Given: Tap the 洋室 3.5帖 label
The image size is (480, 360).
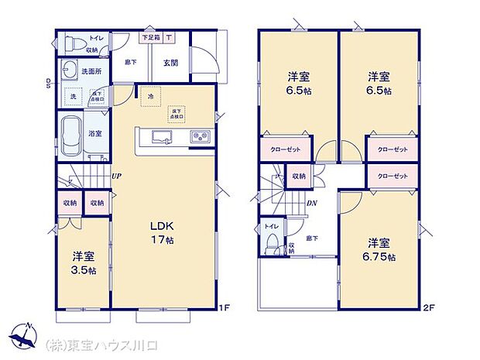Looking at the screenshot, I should (84, 262).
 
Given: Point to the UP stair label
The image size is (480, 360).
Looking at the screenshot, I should (115, 176).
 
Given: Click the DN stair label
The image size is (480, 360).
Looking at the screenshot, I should (312, 203).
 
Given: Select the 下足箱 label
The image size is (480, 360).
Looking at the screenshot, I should (149, 37).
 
